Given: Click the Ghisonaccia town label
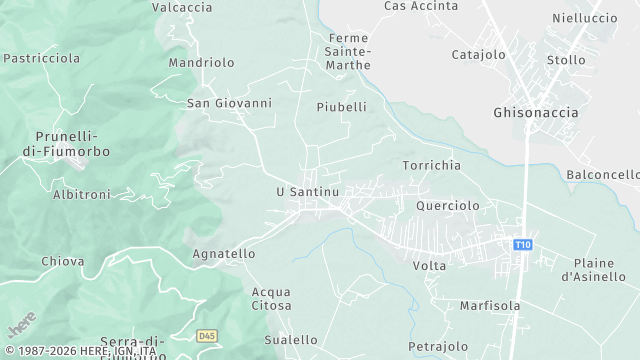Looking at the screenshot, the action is (x=535, y=112).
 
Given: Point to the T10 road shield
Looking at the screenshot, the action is (x=522, y=245).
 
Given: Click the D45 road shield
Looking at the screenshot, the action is (x=207, y=336).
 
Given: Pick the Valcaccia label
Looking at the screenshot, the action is (x=182, y=7).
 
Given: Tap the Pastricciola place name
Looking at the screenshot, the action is (x=41, y=58).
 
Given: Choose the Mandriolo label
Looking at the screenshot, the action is (x=201, y=62).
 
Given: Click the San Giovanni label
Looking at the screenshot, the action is (x=229, y=102).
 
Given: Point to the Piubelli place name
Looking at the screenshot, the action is (x=341, y=106).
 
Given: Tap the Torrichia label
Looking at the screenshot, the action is (x=431, y=164).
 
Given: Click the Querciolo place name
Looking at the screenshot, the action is (x=447, y=205).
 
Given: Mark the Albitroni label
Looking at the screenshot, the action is (x=81, y=194).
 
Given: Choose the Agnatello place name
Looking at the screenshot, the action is (x=223, y=254).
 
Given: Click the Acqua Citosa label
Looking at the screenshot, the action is (x=272, y=298).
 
